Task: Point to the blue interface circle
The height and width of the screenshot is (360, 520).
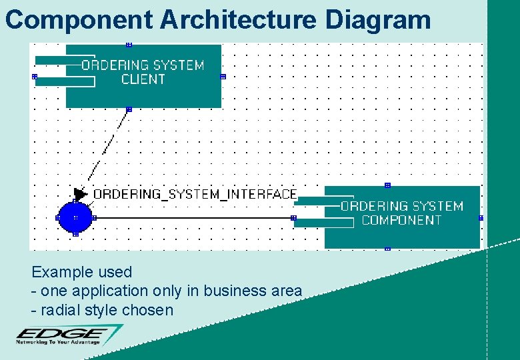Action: (75, 217)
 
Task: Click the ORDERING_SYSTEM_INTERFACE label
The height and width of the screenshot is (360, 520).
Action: (195, 194)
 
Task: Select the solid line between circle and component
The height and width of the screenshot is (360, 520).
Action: (193, 218)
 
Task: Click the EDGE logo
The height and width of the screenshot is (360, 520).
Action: (63, 333)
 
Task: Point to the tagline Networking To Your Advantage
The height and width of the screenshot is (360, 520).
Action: (58, 342)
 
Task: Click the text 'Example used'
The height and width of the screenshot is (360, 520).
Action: (81, 272)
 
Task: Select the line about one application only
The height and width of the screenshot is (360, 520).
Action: (167, 291)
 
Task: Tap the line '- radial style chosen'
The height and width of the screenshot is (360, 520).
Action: (102, 310)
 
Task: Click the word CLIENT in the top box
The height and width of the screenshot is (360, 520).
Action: (143, 79)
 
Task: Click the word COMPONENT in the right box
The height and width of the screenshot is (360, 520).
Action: (402, 220)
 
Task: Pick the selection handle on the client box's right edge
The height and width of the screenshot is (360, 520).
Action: (223, 77)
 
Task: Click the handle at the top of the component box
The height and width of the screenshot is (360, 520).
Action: (387, 185)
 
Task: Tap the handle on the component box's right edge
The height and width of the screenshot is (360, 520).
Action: (481, 218)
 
